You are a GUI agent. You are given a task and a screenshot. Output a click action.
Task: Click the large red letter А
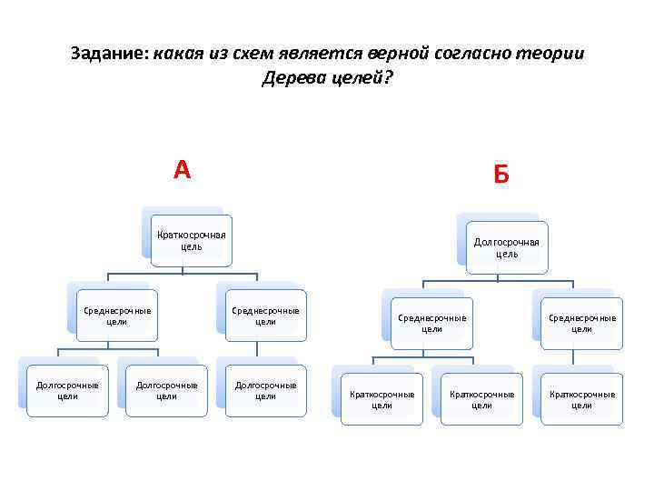183,169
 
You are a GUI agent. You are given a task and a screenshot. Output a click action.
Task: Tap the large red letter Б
501,173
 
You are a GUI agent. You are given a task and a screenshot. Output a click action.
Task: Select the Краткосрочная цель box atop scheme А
192,240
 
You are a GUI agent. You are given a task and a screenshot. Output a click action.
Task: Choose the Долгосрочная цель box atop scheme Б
507,247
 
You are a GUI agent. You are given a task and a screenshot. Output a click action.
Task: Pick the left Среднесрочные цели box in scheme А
117,316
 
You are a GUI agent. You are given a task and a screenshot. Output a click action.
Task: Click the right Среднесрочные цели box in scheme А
266,316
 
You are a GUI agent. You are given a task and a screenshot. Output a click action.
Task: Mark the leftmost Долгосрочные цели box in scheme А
67,390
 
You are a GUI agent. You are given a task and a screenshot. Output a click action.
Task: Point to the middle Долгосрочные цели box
167,390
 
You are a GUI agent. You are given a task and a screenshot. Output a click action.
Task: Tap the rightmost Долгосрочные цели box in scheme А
266,390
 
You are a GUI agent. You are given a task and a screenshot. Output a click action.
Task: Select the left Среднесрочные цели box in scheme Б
432,323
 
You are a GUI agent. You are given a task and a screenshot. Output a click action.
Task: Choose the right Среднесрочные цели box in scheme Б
582,323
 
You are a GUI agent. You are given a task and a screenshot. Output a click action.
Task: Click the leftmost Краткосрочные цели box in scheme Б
382,399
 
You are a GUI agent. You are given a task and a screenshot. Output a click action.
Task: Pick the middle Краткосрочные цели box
482,399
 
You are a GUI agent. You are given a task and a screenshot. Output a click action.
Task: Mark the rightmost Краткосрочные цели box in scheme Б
582,399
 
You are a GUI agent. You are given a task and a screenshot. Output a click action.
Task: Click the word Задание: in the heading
109,54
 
